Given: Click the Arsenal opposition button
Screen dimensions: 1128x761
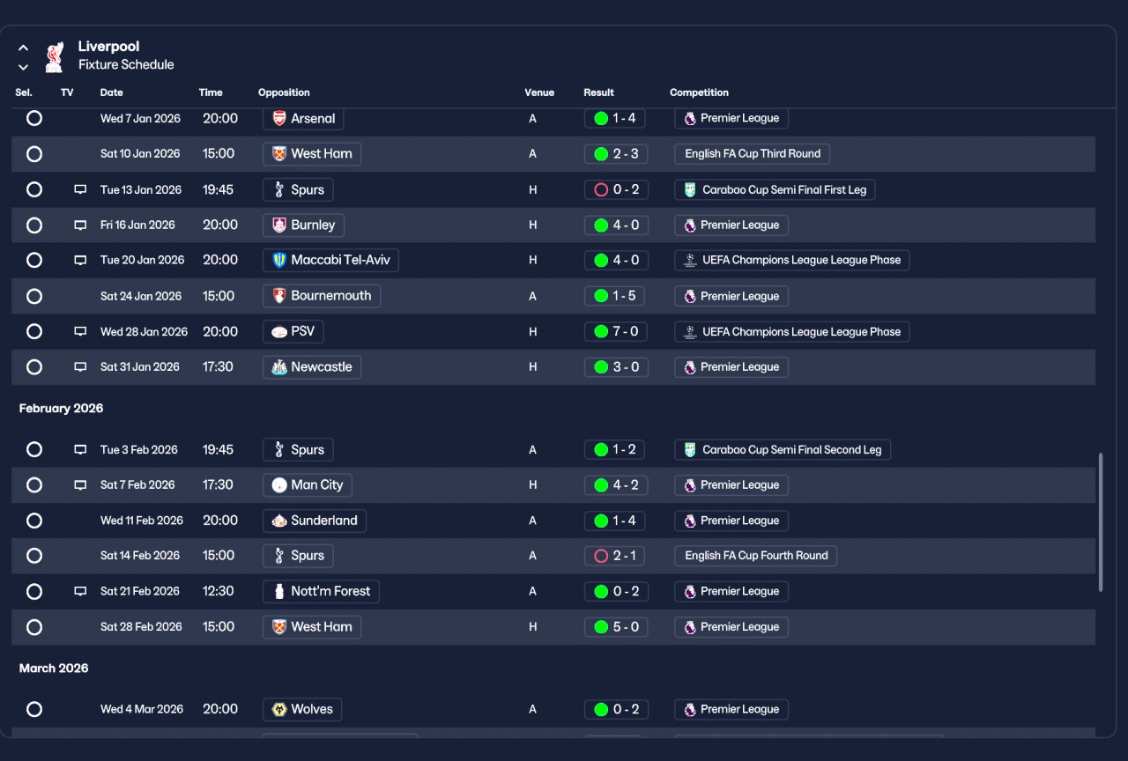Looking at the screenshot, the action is pyautogui.click(x=303, y=119).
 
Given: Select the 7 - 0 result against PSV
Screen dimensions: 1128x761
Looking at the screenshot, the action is pyautogui.click(x=615, y=332).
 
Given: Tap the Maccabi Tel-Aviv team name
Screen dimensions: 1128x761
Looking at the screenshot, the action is pyautogui.click(x=340, y=260).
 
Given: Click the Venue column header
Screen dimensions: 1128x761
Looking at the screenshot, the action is pyautogui.click(x=538, y=92).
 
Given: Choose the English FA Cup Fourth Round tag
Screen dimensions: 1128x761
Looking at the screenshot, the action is pyautogui.click(x=756, y=556).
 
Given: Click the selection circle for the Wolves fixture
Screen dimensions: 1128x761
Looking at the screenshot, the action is pyautogui.click(x=34, y=709).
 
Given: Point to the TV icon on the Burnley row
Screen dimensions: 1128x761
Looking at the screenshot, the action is pyautogui.click(x=80, y=225).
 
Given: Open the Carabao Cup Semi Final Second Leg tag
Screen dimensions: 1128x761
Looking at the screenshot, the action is pyautogui.click(x=783, y=449).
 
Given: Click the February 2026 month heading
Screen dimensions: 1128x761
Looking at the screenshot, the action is pyautogui.click(x=61, y=408).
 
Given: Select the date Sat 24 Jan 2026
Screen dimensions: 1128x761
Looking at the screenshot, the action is pyautogui.click(x=141, y=296).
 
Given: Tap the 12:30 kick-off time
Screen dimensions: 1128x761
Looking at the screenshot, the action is pyautogui.click(x=218, y=591).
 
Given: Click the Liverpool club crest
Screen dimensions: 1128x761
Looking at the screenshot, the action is pyautogui.click(x=55, y=57).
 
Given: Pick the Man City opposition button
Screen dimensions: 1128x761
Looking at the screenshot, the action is pyautogui.click(x=308, y=485).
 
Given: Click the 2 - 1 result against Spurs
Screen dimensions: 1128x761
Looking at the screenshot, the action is pyautogui.click(x=614, y=556).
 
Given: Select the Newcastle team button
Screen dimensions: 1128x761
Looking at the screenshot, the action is pyautogui.click(x=312, y=367).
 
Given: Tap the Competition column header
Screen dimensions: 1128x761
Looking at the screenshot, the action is pyautogui.click(x=699, y=92).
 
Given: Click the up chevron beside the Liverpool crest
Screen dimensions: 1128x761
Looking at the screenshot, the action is pyautogui.click(x=23, y=48).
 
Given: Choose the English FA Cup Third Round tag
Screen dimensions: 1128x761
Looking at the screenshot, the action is pyautogui.click(x=753, y=154).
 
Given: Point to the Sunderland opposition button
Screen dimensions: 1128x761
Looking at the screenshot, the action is pyautogui.click(x=315, y=521).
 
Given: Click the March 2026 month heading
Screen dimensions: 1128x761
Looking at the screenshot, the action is pyautogui.click(x=54, y=669).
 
